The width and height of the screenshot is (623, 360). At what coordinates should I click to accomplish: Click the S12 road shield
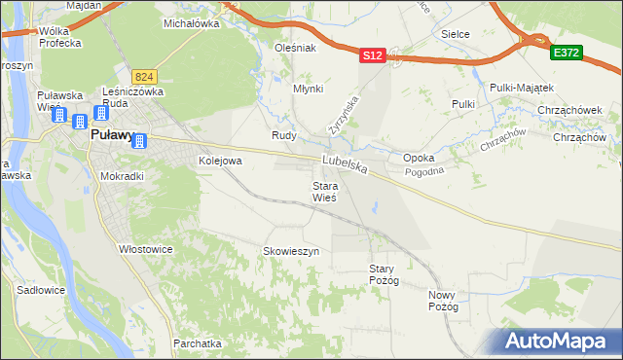pyautogui.click(x=372, y=56)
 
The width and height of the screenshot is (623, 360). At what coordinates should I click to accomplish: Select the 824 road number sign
pyautogui.click(x=145, y=76)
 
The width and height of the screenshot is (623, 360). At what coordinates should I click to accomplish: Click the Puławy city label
pyautogui.click(x=111, y=137)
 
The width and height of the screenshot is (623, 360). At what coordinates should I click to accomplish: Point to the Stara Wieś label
pyautogui.click(x=324, y=192)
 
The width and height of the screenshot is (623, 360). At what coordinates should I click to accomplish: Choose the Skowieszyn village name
pyautogui.click(x=291, y=251)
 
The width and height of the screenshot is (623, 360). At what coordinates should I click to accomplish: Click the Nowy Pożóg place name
pyautogui.click(x=443, y=301)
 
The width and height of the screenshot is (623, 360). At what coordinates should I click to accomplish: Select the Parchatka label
pyautogui.click(x=198, y=343)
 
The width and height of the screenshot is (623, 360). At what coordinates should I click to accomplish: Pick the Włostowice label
pyautogui.click(x=146, y=249)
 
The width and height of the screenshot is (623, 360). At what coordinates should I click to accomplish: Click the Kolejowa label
pyautogui.click(x=219, y=161)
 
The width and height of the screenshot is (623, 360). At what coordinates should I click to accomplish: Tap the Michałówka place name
pyautogui.click(x=190, y=22)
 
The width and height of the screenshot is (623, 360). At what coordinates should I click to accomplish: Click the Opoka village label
pyautogui.click(x=419, y=158)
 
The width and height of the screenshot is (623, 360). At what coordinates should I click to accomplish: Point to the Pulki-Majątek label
pyautogui.click(x=523, y=86)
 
